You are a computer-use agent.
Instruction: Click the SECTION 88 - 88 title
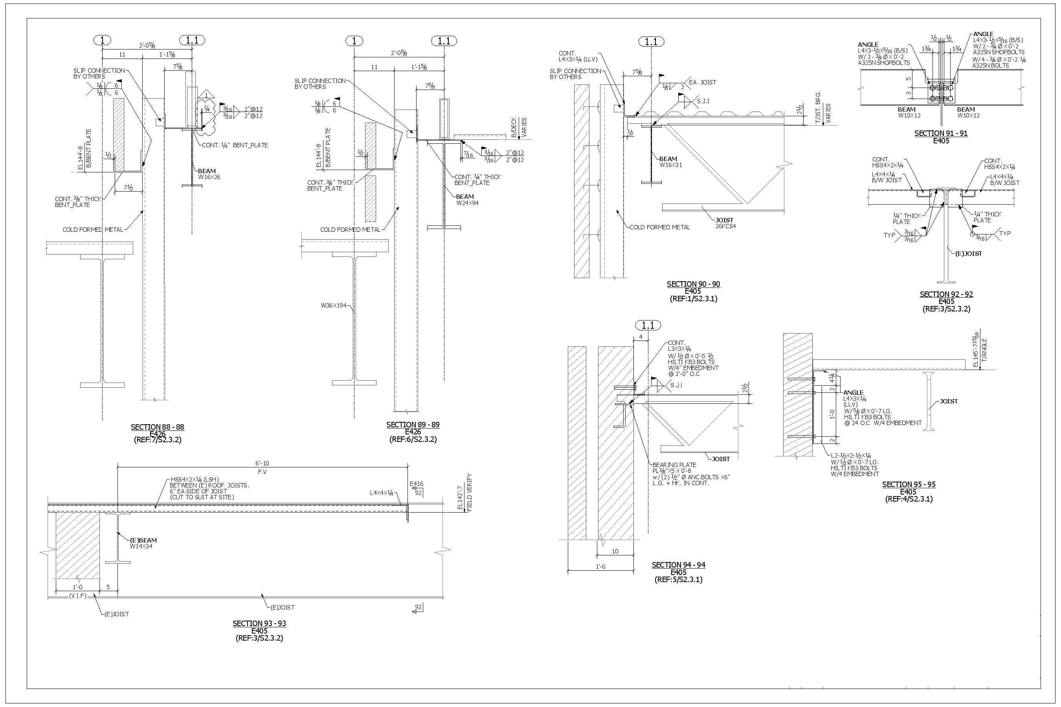tap(158, 427)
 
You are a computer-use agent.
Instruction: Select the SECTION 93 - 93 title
tap(259, 624)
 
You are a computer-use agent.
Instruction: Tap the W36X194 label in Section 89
tap(334, 306)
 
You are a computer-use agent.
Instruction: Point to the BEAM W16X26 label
tap(209, 174)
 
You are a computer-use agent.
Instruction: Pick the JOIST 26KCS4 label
tap(725, 223)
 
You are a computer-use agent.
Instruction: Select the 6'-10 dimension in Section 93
tap(262, 463)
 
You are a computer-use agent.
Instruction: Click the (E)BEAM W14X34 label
tap(143, 543)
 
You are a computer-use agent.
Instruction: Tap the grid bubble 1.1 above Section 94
tap(648, 325)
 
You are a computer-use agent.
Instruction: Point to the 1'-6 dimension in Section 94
tap(600, 567)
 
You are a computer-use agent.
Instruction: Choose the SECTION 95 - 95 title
tap(909, 484)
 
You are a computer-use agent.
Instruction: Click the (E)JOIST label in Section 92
tap(968, 253)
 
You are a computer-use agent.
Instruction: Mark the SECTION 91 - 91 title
tap(941, 133)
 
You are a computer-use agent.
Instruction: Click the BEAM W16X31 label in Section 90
tap(670, 162)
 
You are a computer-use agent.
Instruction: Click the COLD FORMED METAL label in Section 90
tap(659, 227)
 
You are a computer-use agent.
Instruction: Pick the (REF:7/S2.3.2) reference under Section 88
tap(158, 440)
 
